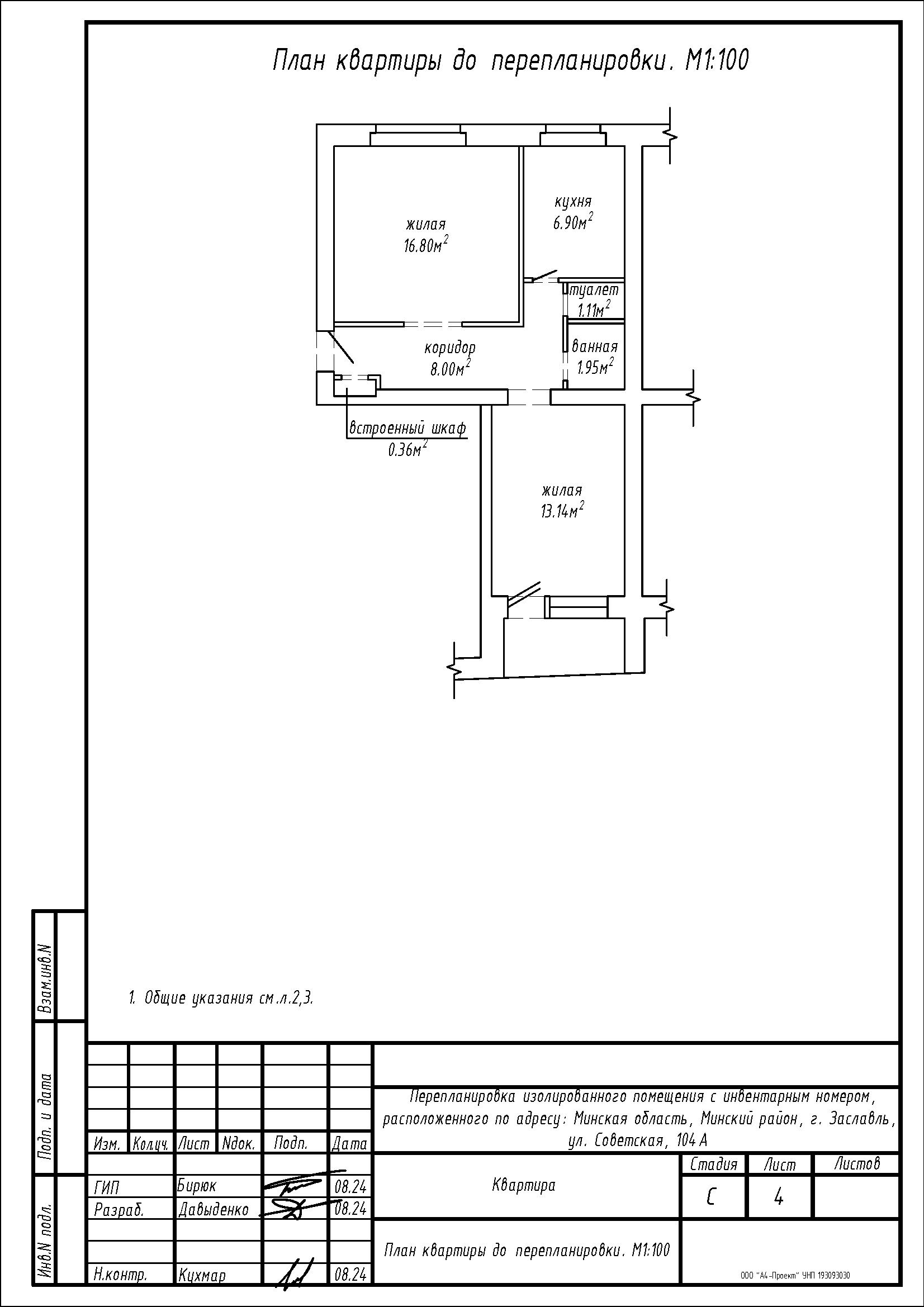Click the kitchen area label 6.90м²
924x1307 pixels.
[574, 221]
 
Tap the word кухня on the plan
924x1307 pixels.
[574, 201]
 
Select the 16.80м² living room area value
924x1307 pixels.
[426, 245]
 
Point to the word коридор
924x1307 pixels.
[450, 348]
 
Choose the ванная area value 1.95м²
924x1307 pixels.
[595, 367]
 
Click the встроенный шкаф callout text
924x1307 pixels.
[407, 427]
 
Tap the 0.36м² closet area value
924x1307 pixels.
[407, 450]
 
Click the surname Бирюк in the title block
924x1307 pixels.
[197, 1186]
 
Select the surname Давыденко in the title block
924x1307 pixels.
[214, 1209]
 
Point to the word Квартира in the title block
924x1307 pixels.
[523, 1185]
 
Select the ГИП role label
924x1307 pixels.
[106, 1188]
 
